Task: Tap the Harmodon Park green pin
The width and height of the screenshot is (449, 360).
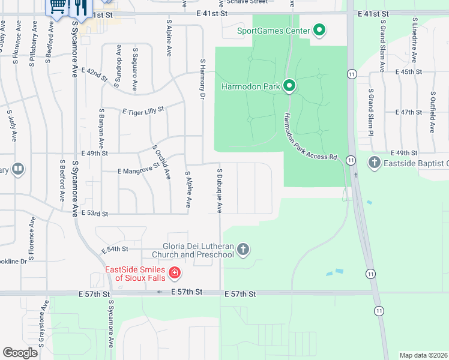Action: coord(289,86)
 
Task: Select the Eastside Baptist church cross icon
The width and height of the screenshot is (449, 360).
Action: coord(375,162)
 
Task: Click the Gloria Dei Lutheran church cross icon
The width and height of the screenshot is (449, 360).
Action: coord(243,249)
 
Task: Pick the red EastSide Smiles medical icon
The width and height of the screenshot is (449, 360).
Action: coord(175,274)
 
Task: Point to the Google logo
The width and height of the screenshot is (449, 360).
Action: coord(20,352)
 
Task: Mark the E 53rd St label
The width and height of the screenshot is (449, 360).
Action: coord(94,214)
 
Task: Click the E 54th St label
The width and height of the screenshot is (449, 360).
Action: coord(115,249)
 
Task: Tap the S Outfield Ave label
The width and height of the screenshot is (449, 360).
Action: coord(432,112)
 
